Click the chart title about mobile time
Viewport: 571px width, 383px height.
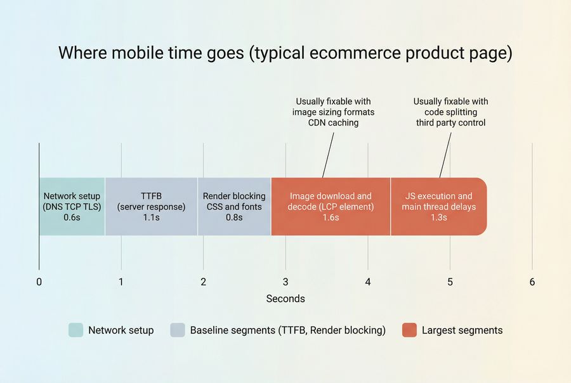tap(285, 53)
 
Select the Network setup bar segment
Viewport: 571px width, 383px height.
tap(72, 207)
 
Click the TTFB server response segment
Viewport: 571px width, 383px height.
tap(151, 207)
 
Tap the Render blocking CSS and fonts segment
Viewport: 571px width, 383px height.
tap(234, 207)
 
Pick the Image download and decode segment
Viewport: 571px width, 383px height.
tap(331, 207)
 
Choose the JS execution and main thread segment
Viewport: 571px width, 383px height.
tap(438, 207)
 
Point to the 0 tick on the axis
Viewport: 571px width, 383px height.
tap(39, 282)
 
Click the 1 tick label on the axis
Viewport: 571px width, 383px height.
tap(121, 282)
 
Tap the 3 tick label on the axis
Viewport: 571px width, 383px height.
tap(285, 282)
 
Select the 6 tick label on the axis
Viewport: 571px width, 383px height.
tap(532, 282)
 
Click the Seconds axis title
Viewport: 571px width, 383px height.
tap(285, 299)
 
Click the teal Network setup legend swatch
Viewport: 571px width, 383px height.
tap(75, 330)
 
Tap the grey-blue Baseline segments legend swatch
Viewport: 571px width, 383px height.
tap(178, 330)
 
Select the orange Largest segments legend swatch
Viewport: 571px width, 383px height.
tap(409, 330)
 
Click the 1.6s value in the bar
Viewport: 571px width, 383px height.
tap(331, 217)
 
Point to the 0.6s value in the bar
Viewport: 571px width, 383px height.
tap(72, 217)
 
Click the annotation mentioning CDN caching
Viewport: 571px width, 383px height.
tap(333, 112)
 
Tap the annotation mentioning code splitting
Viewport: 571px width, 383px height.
tap(450, 112)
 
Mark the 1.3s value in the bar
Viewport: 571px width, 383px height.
tap(438, 217)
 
